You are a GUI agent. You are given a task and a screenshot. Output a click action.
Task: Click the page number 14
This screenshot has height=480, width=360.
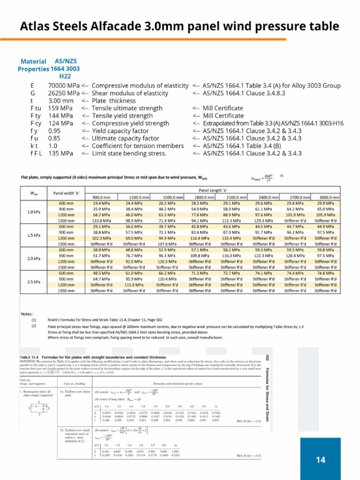[x=321, y=460]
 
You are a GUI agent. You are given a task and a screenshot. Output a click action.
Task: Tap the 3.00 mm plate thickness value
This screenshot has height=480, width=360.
[x=61, y=101]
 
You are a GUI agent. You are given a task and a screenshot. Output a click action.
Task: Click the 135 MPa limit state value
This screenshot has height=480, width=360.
[x=61, y=153]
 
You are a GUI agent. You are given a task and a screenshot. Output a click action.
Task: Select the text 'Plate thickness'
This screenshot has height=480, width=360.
[x=114, y=101]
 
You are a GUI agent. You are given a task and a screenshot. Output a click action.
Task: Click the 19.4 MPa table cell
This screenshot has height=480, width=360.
[x=101, y=204]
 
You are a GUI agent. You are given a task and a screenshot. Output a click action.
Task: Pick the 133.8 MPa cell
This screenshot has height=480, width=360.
[x=101, y=221]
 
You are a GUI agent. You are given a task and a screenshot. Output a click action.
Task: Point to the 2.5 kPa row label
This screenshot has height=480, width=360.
[x=33, y=282]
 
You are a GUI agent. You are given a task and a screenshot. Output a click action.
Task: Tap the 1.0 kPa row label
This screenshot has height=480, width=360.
[x=33, y=212]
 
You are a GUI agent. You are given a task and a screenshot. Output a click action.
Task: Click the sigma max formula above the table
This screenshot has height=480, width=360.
[x=261, y=178]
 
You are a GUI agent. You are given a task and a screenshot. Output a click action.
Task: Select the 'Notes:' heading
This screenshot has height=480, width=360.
[x=27, y=314]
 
